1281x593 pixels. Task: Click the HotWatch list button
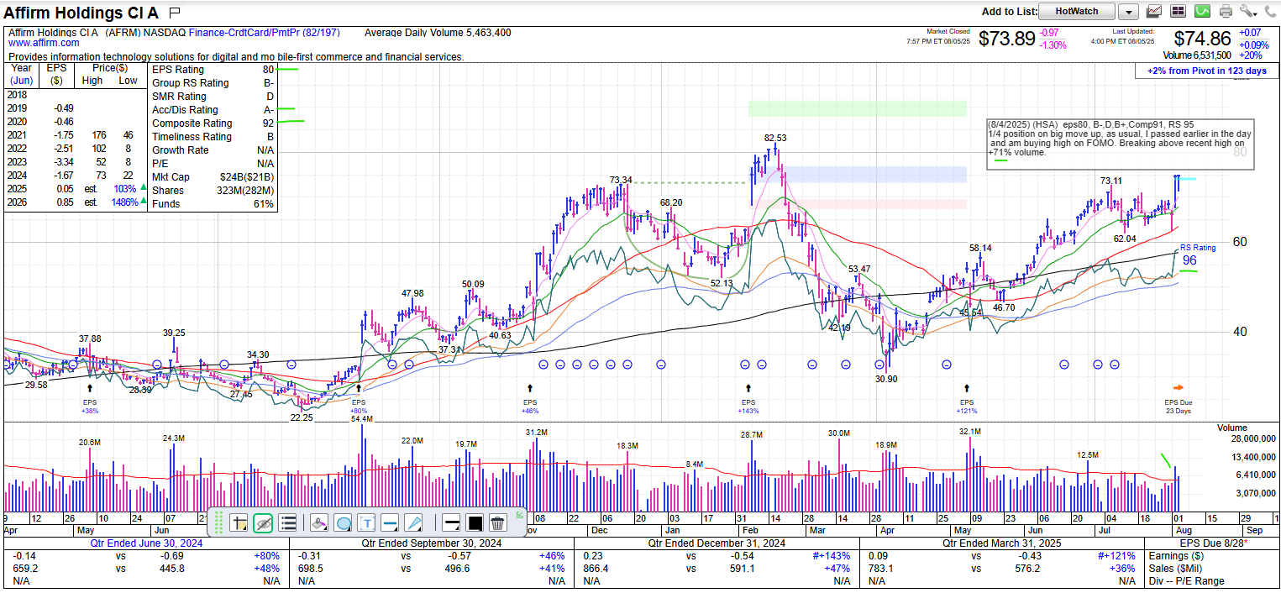(x=1076, y=12)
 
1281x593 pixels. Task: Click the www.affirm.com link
(x=44, y=43)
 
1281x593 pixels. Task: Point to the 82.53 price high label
(x=775, y=138)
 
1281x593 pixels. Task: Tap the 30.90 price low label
(x=885, y=379)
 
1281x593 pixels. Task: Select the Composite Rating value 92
(x=268, y=123)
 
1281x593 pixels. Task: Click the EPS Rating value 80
(x=268, y=70)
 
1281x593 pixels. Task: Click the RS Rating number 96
(x=1189, y=261)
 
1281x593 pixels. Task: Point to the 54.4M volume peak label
(x=362, y=419)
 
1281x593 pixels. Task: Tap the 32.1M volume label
(x=969, y=432)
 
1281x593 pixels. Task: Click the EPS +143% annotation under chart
(x=748, y=407)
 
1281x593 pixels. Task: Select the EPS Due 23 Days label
(x=1178, y=407)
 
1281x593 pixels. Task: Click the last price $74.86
(x=1202, y=39)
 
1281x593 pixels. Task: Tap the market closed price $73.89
(x=1007, y=39)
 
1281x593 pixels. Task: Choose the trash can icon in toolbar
(x=497, y=523)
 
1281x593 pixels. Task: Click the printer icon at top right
(x=1226, y=12)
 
